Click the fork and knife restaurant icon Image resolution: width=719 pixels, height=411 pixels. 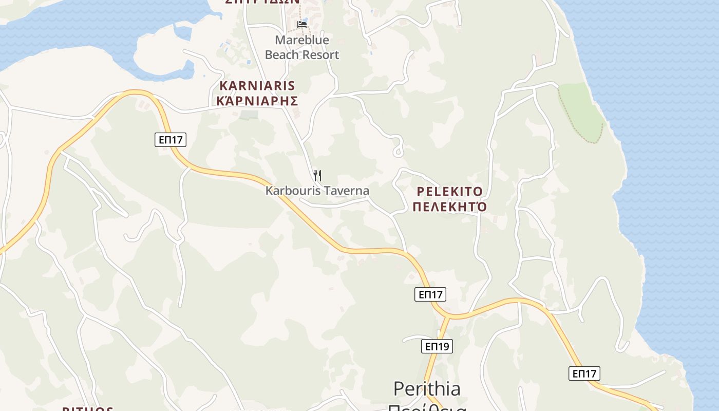[317, 176]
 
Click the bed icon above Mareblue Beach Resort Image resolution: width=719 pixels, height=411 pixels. [302, 24]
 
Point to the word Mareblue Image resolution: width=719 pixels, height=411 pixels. [302, 40]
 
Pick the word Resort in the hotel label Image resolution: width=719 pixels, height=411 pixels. [319, 55]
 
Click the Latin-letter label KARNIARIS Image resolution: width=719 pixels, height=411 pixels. [257, 86]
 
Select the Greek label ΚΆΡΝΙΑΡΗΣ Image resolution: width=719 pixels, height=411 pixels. [257, 101]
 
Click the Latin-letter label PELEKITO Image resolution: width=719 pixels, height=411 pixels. [450, 192]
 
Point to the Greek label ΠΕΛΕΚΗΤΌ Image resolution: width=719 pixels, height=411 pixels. [450, 208]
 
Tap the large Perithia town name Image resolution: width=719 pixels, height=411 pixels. [427, 389]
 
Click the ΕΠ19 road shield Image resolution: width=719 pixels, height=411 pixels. [437, 346]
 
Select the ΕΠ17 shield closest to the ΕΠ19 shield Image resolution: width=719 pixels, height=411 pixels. [430, 294]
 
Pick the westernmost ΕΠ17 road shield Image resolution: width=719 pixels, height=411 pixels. [171, 139]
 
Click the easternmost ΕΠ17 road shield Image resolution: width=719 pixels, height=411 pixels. [584, 373]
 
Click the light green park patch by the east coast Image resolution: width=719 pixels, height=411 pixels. [580, 110]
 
